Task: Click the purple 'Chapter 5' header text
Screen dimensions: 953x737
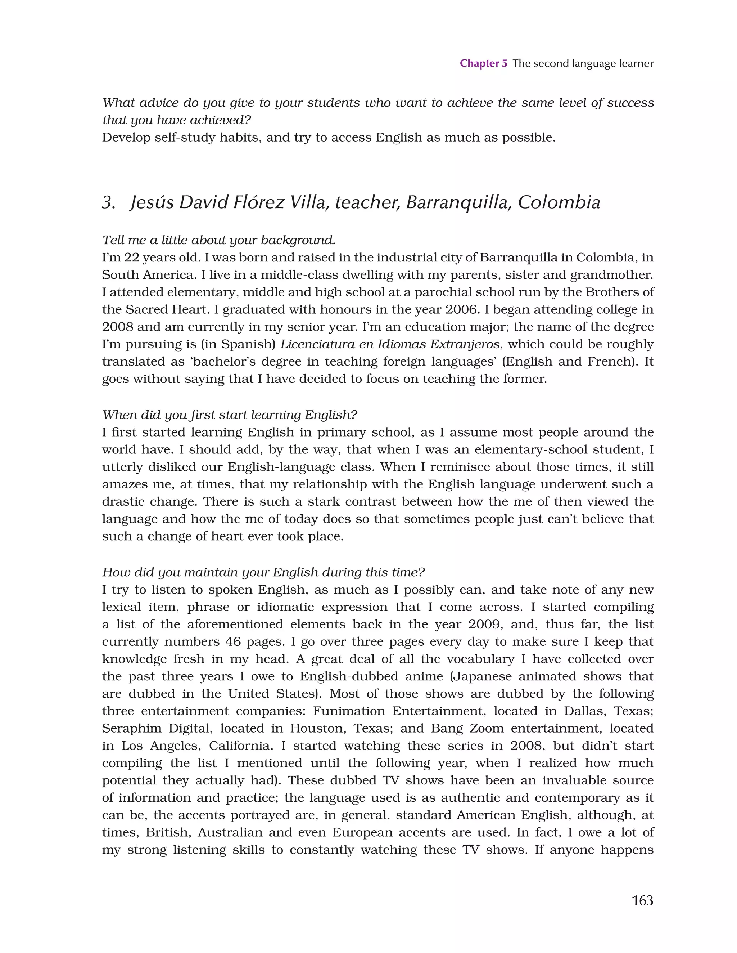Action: coord(483,63)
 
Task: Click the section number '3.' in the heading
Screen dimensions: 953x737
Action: coord(109,202)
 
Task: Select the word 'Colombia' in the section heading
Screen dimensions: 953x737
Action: coord(559,202)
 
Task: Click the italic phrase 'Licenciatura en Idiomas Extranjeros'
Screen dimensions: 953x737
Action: coord(389,344)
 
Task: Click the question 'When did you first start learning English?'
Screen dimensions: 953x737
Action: coord(230,415)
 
